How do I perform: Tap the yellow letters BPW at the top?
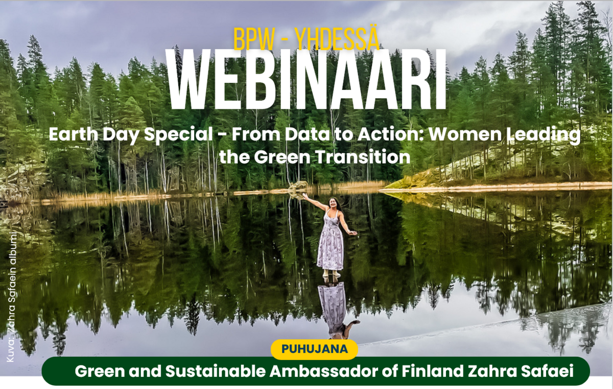pyautogui.click(x=254, y=40)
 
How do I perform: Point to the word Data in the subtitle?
pyautogui.click(x=308, y=134)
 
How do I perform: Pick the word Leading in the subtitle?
pyautogui.click(x=543, y=135)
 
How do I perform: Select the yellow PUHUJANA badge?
pyautogui.click(x=315, y=349)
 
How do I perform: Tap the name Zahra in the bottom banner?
pyautogui.click(x=492, y=371)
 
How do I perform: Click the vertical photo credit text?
pyautogui.click(x=11, y=298)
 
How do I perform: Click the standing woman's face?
pyautogui.click(x=333, y=203)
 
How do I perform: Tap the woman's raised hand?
pyautogui.click(x=304, y=195)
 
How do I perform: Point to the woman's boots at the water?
pyautogui.click(x=331, y=273)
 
